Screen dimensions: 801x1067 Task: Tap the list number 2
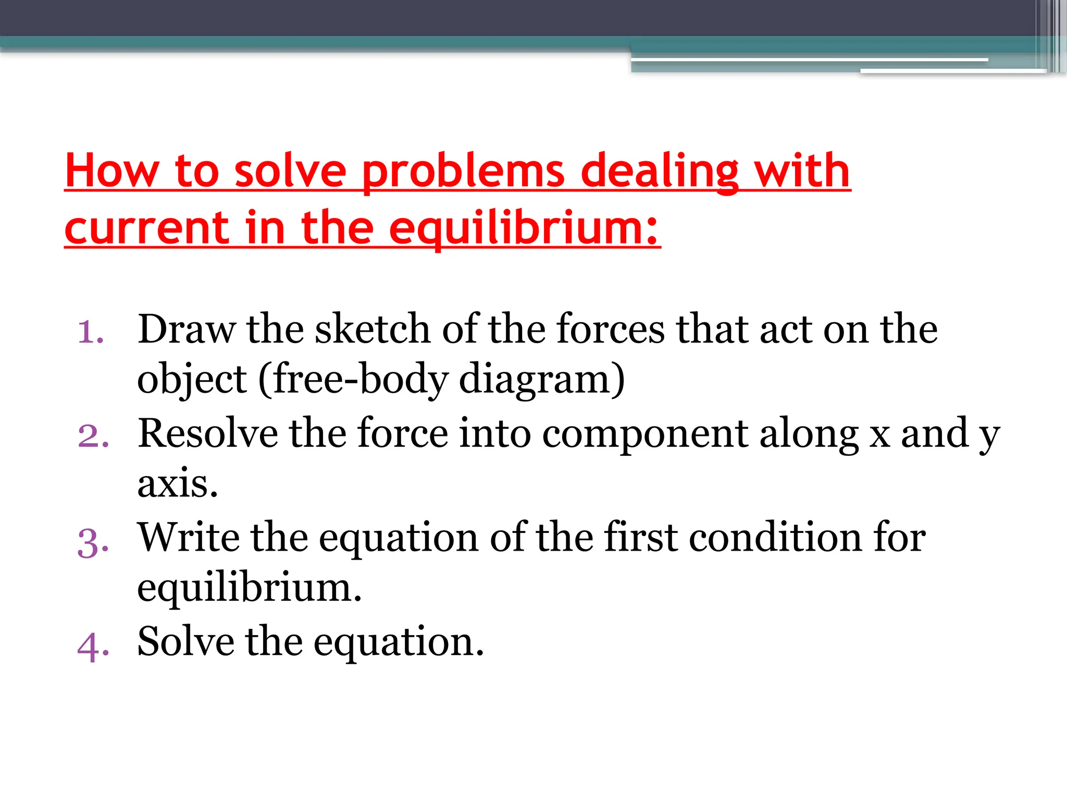93,435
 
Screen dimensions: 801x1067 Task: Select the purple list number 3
93,542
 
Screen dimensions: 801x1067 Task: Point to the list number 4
93,646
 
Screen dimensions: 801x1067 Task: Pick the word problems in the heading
463,172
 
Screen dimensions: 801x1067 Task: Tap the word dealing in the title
660,172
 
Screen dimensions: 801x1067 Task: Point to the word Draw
187,330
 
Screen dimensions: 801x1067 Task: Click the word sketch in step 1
373,330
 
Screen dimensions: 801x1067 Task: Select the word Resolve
208,433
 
